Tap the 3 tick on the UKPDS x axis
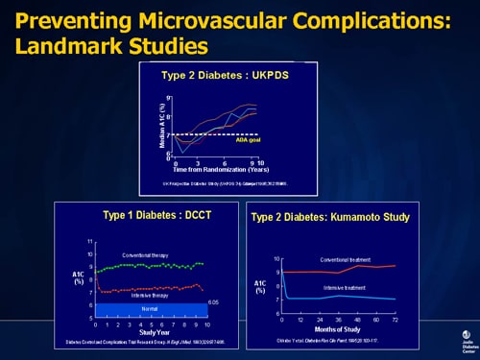tap(197, 162)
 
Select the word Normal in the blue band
tap(147, 309)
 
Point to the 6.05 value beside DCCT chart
tap(214, 302)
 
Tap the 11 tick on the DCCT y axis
tap(89, 241)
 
